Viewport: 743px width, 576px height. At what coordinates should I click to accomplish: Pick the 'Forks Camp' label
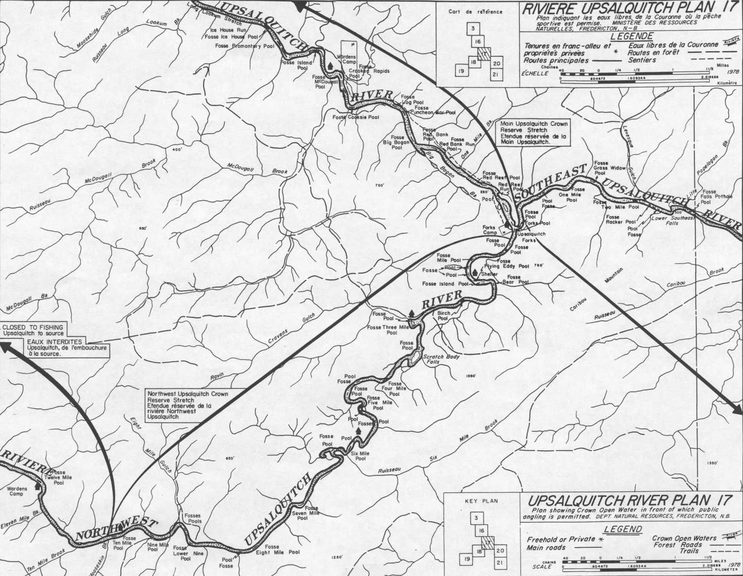[490, 230]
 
